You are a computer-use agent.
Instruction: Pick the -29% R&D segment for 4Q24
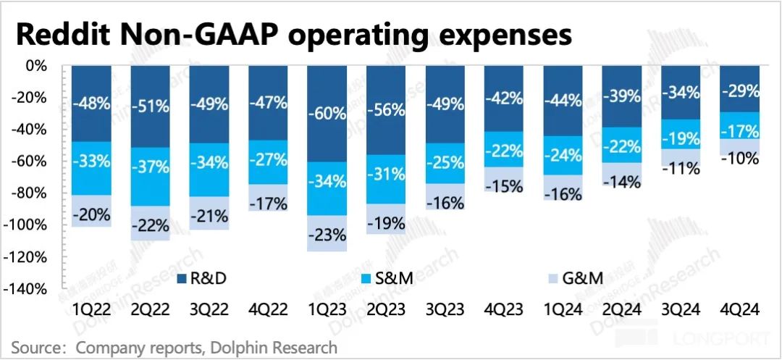tap(739, 91)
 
